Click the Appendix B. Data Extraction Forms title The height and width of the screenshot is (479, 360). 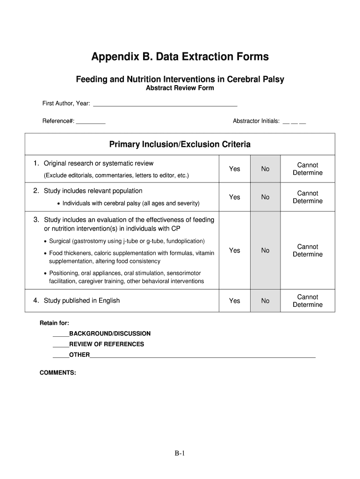point(180,57)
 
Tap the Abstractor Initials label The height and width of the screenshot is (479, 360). point(256,121)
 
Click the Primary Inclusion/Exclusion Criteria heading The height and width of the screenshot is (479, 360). point(180,145)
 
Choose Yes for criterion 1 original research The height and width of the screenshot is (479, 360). point(235,169)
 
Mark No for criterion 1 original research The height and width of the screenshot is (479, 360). point(266,169)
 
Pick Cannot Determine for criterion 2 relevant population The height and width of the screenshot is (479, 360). point(308,197)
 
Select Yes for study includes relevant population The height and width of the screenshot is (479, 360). point(235,197)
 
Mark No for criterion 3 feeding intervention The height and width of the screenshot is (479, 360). point(266,250)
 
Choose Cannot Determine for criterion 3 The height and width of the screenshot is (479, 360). point(308,250)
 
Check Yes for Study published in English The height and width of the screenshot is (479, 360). point(235,301)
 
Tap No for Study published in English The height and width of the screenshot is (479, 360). point(266,301)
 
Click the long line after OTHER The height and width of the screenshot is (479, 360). point(202,356)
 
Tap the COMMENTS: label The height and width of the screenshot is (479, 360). point(58,373)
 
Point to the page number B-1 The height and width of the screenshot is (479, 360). point(180,453)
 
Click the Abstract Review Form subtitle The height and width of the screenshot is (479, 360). point(180,88)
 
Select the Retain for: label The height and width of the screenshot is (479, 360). point(54,323)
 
